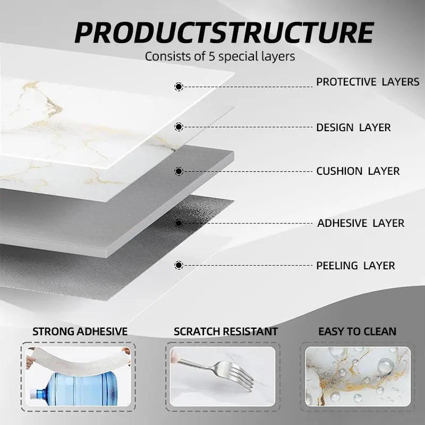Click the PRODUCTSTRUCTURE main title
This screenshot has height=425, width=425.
[224, 33]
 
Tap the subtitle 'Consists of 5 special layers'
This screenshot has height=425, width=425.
[220, 56]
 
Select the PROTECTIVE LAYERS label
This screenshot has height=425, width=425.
[368, 82]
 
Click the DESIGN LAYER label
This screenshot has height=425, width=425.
[353, 127]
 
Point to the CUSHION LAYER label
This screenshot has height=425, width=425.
[358, 171]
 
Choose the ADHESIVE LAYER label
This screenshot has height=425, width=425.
[361, 223]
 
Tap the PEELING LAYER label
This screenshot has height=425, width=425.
[355, 265]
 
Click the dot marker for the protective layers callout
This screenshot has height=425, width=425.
[178, 87]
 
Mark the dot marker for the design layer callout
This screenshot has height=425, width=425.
[178, 127]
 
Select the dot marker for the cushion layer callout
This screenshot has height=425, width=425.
[178, 171]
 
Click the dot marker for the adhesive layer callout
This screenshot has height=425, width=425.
[178, 223]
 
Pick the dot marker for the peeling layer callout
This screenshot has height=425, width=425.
[178, 265]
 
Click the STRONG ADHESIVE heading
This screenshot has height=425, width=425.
[80, 331]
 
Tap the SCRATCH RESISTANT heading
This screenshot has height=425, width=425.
[226, 331]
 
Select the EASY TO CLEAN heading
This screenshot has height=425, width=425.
[357, 331]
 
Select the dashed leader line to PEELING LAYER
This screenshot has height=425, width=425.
[248, 265]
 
